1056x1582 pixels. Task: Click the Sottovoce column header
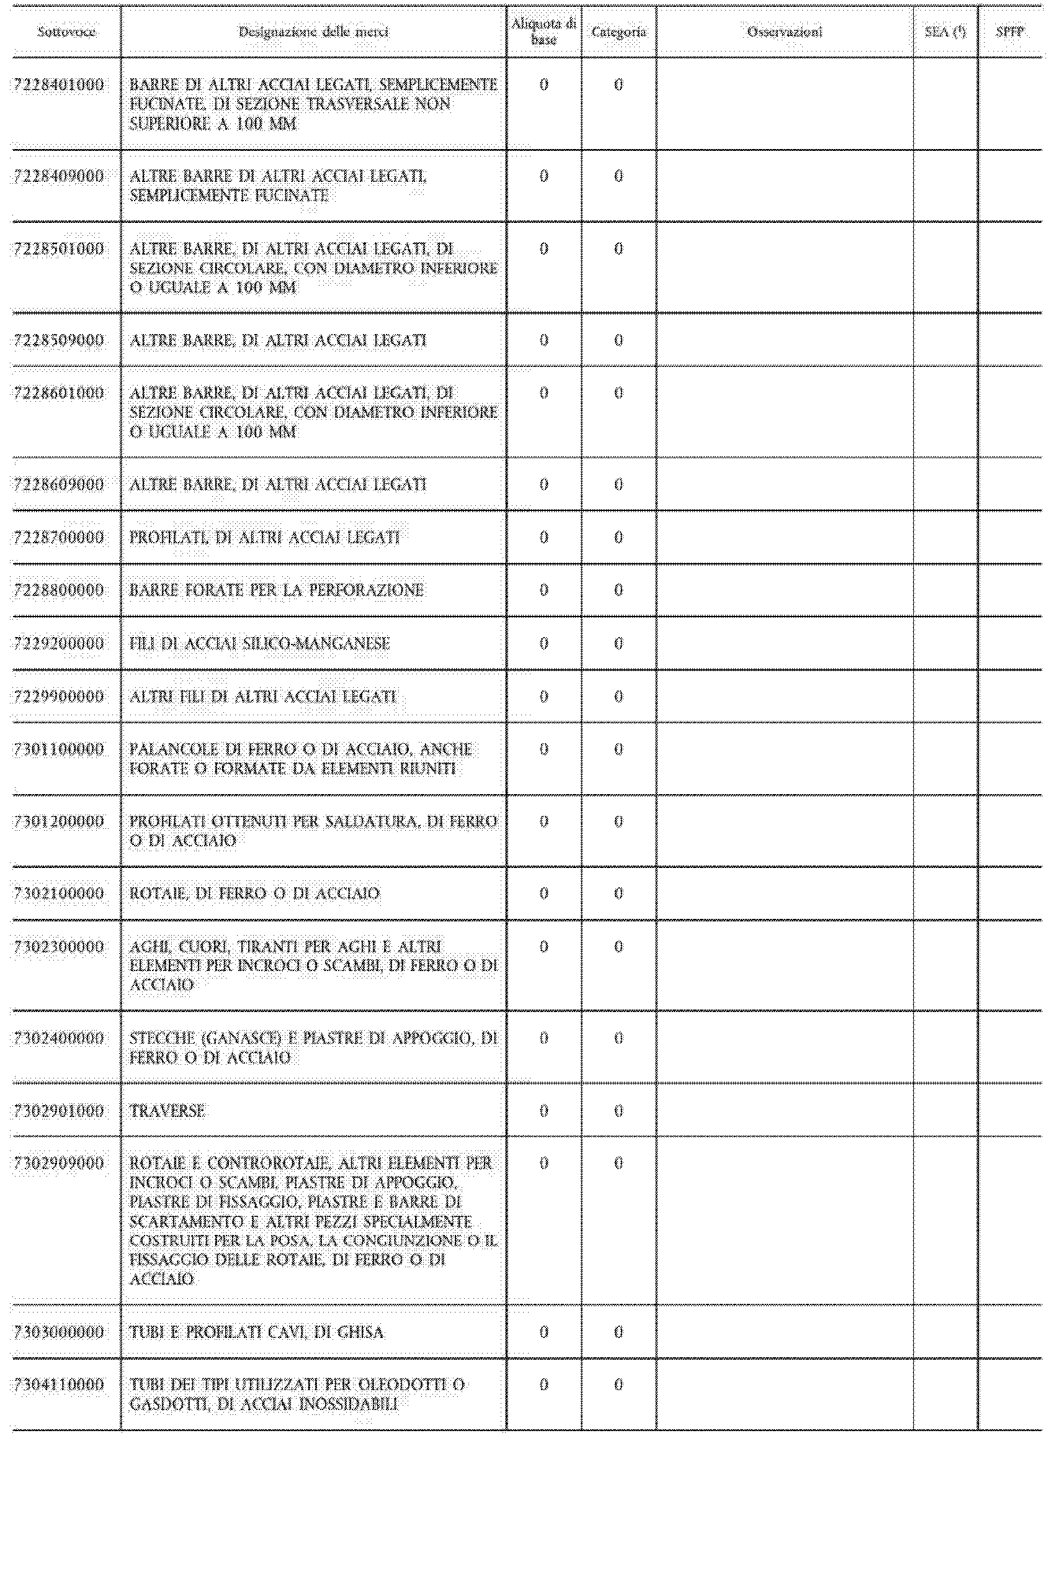(66, 32)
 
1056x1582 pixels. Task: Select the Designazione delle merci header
(313, 32)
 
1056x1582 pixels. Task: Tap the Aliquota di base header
(544, 32)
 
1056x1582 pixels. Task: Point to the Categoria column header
(618, 32)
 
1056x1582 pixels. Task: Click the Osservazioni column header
(785, 32)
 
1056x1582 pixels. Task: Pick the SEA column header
(945, 32)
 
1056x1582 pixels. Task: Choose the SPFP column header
(1009, 32)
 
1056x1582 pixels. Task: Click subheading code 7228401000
(60, 85)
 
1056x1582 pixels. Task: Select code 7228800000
(60, 590)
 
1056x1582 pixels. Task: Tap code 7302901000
(60, 1111)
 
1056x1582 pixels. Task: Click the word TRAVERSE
(167, 1111)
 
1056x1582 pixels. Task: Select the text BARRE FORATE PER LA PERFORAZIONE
(276, 590)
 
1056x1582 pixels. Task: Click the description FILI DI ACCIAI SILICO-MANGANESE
(259, 643)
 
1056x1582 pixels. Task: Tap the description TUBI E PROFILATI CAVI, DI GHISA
(257, 1332)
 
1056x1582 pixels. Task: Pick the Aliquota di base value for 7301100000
(544, 749)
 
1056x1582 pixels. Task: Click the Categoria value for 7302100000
(618, 893)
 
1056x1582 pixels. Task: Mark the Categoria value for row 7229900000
(618, 697)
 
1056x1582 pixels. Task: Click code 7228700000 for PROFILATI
(60, 538)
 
